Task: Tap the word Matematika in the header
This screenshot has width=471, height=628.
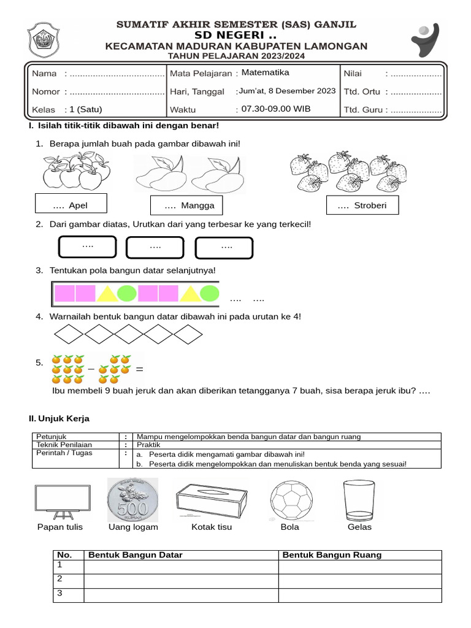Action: [x=265, y=72]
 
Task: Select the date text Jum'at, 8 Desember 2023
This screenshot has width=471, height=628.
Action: [x=287, y=91]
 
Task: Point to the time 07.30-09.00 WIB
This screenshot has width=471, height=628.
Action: [x=276, y=109]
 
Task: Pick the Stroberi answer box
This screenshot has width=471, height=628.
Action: [x=362, y=205]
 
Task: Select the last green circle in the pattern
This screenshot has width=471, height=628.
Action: [x=209, y=294]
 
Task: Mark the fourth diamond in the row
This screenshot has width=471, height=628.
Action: [x=158, y=334]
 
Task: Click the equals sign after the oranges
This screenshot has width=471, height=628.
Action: [x=139, y=370]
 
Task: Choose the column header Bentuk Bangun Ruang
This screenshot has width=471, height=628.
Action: [x=331, y=555]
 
